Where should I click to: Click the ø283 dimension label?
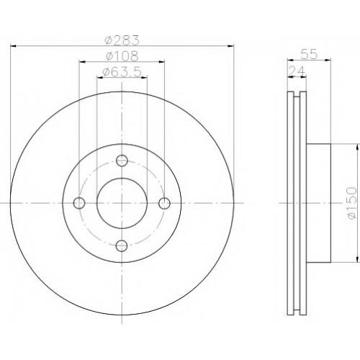122,40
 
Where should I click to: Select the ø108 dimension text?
122,56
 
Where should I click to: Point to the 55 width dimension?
309,54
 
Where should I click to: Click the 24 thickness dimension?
297,71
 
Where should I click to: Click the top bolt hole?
122,161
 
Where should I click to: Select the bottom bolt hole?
122,246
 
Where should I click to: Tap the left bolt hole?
79,203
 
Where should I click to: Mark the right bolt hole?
165,203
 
